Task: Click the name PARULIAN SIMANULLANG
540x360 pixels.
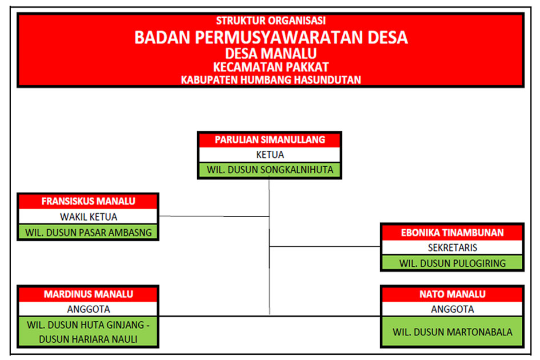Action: click(270, 140)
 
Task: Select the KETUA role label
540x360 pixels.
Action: click(270, 155)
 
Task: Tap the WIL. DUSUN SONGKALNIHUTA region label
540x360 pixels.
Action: click(270, 170)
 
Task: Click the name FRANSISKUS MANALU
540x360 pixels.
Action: click(88, 201)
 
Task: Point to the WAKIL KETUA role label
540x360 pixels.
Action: click(89, 217)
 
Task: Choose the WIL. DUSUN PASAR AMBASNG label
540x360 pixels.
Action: click(89, 233)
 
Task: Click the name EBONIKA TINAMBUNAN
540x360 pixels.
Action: click(452, 233)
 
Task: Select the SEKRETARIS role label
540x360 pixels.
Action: click(453, 247)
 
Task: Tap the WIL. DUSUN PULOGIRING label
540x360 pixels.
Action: click(453, 263)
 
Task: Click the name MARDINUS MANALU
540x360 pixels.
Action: click(89, 294)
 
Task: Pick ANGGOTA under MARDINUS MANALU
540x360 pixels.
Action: click(89, 309)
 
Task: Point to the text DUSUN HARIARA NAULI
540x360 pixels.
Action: click(88, 339)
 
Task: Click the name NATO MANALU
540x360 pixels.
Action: click(453, 294)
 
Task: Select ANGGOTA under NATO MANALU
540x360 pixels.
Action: click(453, 309)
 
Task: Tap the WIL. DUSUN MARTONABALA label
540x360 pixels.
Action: click(453, 332)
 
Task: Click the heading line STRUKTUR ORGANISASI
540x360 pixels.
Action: click(271, 21)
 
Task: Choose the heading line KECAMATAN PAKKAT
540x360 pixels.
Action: click(271, 67)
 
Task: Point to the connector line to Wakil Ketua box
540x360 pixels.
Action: click(214, 217)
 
